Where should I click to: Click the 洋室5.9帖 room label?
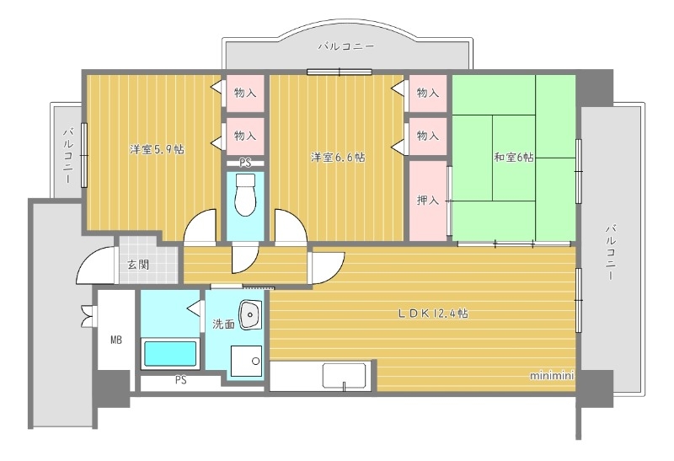tap(157, 149)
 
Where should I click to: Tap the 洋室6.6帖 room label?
tap(337, 157)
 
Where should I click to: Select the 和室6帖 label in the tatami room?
tap(513, 157)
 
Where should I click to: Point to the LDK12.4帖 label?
tap(433, 313)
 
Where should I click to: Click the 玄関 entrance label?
tap(138, 264)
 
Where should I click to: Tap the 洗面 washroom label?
tap(222, 323)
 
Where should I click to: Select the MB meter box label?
tap(115, 341)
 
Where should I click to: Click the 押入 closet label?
tap(428, 201)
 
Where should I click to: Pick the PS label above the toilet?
tap(245, 163)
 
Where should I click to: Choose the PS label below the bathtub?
tap(180, 380)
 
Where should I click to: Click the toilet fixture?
tap(245, 196)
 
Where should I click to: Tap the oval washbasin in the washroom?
tap(251, 316)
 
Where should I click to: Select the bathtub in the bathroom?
tap(170, 353)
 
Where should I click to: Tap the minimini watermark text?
tap(552, 375)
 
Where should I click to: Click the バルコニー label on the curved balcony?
tap(346, 47)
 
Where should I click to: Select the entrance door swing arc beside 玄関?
tap(94, 266)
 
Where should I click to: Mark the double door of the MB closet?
tap(87, 314)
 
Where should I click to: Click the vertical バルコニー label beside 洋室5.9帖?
tap(68, 155)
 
